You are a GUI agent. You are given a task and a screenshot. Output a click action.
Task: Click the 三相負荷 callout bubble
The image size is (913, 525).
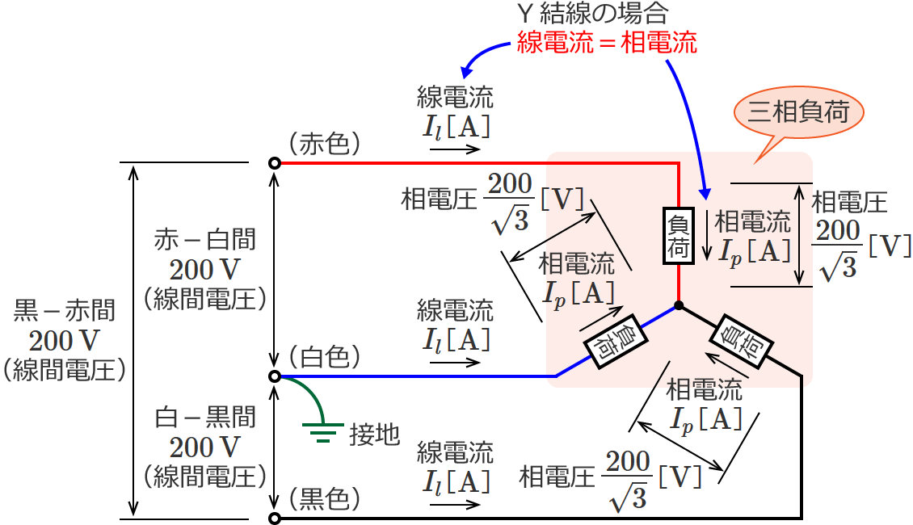coord(798,111)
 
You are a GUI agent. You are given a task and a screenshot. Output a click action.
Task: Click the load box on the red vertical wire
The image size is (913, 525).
coord(679,236)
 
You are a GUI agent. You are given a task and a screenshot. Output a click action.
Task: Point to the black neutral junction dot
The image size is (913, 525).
coord(679,306)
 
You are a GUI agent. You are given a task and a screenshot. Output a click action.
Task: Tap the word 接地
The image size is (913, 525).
coord(374,435)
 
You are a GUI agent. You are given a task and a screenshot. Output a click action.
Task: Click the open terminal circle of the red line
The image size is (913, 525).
coord(275,163)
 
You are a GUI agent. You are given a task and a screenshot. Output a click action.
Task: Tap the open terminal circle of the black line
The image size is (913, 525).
coord(275,519)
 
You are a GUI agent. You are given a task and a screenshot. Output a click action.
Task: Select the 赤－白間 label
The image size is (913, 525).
coord(205,239)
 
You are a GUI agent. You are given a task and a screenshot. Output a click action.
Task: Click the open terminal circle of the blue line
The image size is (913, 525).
coord(275,376)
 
